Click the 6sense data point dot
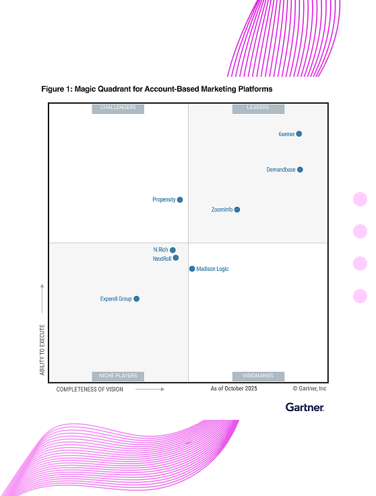pyautogui.click(x=299, y=134)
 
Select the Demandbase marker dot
pyautogui.click(x=300, y=170)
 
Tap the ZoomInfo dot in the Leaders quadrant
pyautogui.click(x=237, y=210)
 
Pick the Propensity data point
pyautogui.click(x=180, y=199)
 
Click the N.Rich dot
pyautogui.click(x=173, y=250)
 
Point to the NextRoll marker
pyautogui.click(x=176, y=258)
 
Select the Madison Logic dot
pyautogui.click(x=192, y=269)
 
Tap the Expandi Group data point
pyautogui.click(x=137, y=299)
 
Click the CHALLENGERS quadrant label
pyautogui.click(x=118, y=108)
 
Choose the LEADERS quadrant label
pyautogui.click(x=258, y=108)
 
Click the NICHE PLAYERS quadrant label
pyautogui.click(x=118, y=376)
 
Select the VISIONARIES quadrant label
pyautogui.click(x=258, y=376)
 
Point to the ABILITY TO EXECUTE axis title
pyautogui.click(x=42, y=350)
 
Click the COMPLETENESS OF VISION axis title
pyautogui.click(x=90, y=390)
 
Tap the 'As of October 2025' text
pyautogui.click(x=234, y=389)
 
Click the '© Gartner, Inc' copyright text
pyautogui.click(x=309, y=389)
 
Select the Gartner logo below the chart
pyautogui.click(x=305, y=407)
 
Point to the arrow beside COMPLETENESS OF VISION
pyautogui.click(x=150, y=390)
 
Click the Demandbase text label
pyautogui.click(x=281, y=170)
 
